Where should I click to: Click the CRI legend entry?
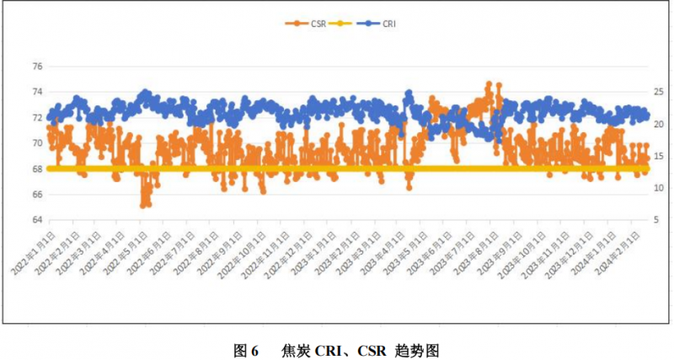point(378,24)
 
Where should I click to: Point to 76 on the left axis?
point(36,66)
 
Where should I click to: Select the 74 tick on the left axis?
point(36,92)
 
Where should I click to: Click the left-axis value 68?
point(36,169)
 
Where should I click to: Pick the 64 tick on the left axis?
point(36,220)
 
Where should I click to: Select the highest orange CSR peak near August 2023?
point(489,84)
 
